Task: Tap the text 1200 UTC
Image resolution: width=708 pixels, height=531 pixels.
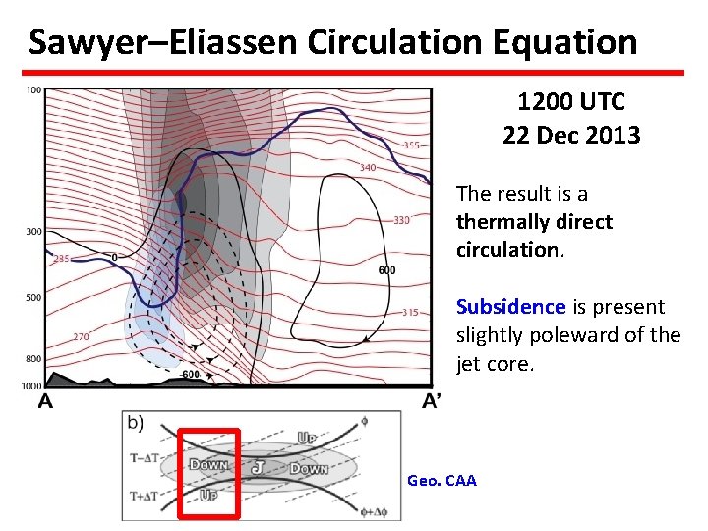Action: (570, 101)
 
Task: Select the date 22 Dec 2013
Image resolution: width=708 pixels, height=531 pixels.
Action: (570, 135)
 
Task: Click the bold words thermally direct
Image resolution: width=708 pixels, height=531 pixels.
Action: (534, 222)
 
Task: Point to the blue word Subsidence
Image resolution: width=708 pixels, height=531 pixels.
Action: (510, 307)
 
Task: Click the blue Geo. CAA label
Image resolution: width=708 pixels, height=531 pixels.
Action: (442, 481)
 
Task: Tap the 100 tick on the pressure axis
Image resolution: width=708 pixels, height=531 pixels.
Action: (33, 90)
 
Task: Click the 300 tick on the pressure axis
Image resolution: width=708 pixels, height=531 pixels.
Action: (33, 232)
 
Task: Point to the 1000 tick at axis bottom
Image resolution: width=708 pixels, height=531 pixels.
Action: (31, 386)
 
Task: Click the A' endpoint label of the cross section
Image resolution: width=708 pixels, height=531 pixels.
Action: (432, 401)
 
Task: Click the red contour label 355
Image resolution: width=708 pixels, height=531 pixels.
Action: (412, 146)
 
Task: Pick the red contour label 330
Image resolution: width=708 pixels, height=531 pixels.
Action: (401, 220)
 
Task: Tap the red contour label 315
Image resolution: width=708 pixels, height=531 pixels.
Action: (410, 313)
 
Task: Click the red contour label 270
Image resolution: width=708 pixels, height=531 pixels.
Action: (82, 337)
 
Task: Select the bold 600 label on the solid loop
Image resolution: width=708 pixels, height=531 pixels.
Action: (386, 270)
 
